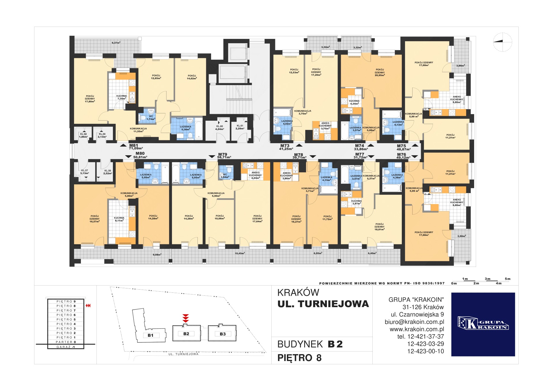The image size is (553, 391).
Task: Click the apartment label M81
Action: coord(134,146)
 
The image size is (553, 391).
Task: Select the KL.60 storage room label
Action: coord(219,128)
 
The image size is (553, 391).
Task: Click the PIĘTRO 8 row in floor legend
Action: coord(66,306)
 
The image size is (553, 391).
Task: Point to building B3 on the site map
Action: coord(222,333)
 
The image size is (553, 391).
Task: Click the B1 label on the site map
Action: coord(150,335)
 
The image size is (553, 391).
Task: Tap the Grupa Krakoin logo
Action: coord(483,324)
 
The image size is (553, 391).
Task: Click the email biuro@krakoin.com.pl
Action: coord(414,322)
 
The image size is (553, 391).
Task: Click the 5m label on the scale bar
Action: coord(507,279)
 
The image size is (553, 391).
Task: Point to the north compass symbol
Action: coord(503,42)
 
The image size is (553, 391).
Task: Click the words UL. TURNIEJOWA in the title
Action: coord(323,304)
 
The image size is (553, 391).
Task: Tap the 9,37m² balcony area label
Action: coord(116,43)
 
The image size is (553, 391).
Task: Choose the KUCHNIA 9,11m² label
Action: coord(119,219)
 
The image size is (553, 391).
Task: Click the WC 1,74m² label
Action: coord(151,118)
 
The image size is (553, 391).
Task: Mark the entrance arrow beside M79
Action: coord(212,157)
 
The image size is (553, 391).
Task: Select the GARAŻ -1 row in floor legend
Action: coord(66,347)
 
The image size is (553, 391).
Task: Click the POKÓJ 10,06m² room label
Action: coord(219,217)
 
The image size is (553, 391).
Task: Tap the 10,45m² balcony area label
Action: coord(240,253)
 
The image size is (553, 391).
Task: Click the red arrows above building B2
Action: coord(186,318)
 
